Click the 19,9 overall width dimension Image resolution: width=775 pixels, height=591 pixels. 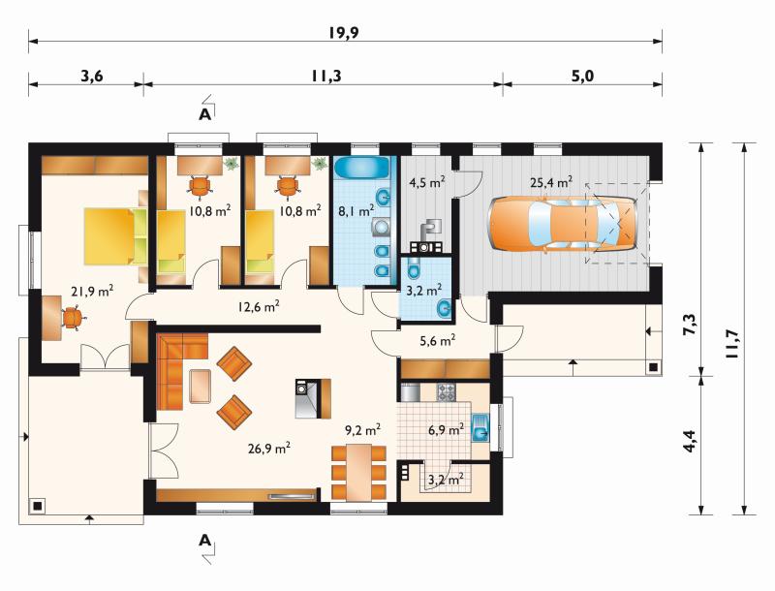tap(344, 33)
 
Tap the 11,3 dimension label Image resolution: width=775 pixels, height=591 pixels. tap(326, 77)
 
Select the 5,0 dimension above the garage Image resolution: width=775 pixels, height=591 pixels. tap(583, 77)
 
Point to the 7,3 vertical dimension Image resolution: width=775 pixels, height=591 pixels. tap(690, 325)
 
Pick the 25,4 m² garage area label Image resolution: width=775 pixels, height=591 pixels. tap(551, 182)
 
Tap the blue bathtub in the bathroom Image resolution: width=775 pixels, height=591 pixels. tap(361, 168)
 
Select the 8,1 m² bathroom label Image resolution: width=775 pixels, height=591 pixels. tap(356, 211)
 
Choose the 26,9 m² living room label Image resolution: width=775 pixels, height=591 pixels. tap(268, 449)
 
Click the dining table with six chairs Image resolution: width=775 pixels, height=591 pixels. tap(358, 472)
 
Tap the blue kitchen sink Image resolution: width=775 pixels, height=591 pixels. tap(480, 427)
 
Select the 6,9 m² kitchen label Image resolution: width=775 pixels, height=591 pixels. tap(446, 429)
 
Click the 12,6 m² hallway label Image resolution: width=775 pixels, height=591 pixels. tap(259, 306)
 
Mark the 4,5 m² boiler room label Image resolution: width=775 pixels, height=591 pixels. tap(427, 182)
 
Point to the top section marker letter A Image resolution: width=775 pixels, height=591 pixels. tap(204, 114)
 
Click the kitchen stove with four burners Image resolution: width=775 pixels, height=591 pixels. tap(447, 392)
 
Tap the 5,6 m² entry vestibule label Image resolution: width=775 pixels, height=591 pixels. tap(438, 340)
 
